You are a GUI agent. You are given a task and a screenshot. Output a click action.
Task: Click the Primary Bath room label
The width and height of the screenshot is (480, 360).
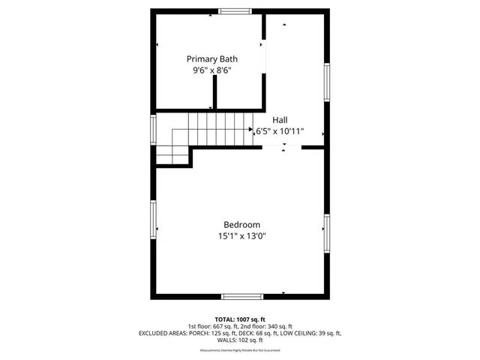pyautogui.click(x=213, y=58)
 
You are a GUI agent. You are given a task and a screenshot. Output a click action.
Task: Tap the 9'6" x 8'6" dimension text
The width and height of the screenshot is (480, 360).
pyautogui.click(x=213, y=71)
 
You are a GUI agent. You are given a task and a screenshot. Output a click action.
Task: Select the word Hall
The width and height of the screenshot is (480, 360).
pyautogui.click(x=280, y=119)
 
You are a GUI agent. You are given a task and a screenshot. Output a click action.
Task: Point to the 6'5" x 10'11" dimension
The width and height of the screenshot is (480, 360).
pyautogui.click(x=280, y=131)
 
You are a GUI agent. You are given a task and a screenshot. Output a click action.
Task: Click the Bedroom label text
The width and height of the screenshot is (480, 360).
pyautogui.click(x=241, y=224)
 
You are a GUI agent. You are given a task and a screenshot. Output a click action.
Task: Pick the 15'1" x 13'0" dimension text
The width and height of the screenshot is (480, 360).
pyautogui.click(x=241, y=236)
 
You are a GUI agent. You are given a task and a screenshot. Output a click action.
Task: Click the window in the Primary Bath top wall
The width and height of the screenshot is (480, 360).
pyautogui.click(x=235, y=11)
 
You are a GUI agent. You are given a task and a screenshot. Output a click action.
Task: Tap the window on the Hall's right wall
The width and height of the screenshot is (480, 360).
pyautogui.click(x=326, y=82)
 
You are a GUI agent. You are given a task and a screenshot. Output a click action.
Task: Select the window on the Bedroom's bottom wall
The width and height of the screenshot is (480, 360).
pyautogui.click(x=242, y=296)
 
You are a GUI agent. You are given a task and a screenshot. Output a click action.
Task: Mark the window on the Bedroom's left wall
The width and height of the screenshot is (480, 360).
pyautogui.click(x=153, y=228)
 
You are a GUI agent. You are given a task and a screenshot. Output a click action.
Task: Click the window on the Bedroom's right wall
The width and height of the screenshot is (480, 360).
pyautogui.click(x=326, y=232)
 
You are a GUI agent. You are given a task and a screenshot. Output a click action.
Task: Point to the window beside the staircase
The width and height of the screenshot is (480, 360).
pyautogui.click(x=153, y=128)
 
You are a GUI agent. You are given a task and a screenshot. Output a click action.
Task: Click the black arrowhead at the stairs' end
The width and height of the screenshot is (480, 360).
pyautogui.click(x=251, y=129)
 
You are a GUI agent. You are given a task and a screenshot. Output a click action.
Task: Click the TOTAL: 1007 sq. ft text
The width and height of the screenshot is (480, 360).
pyautogui.click(x=240, y=319)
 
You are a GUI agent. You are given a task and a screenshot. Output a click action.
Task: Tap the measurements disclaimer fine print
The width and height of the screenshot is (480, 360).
pyautogui.click(x=240, y=351)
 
